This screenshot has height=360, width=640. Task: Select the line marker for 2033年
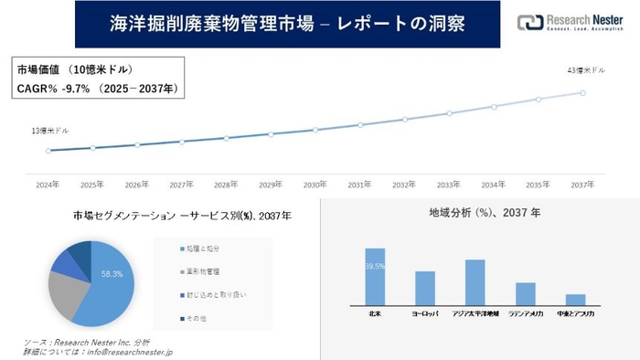[449, 114]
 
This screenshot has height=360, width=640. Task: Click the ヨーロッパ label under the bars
[425, 312]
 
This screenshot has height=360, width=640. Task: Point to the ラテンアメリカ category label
[525, 312]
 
